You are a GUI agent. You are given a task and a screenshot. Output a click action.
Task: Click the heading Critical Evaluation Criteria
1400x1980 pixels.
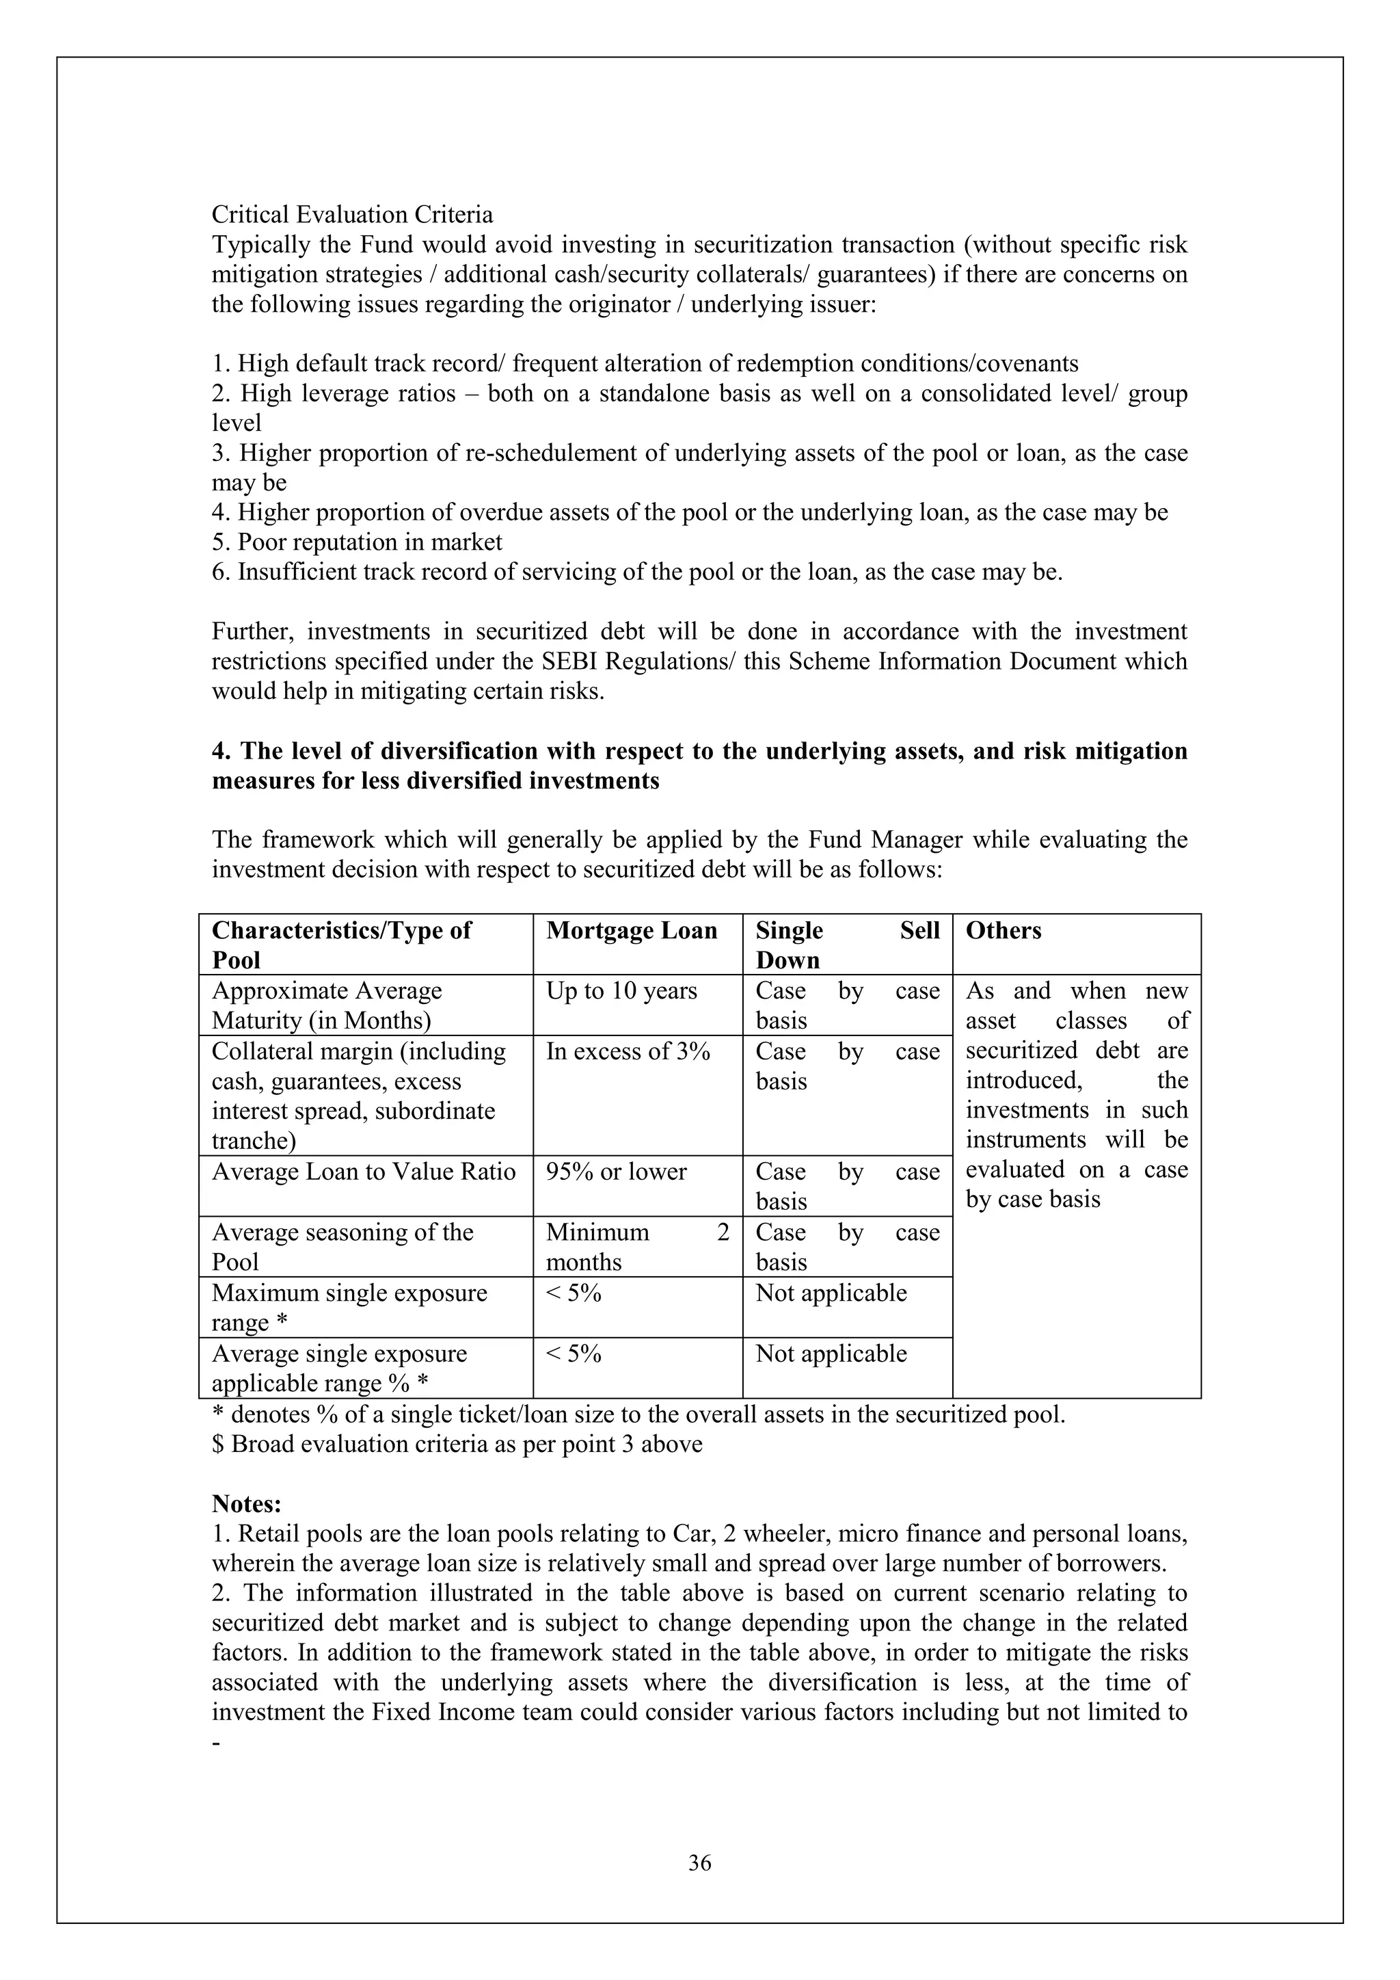[x=352, y=215]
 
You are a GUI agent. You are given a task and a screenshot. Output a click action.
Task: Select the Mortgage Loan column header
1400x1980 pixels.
[x=631, y=930]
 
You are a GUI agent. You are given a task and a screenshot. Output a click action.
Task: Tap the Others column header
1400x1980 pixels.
[x=1003, y=930]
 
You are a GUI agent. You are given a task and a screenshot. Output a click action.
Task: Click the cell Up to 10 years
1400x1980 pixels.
[x=621, y=991]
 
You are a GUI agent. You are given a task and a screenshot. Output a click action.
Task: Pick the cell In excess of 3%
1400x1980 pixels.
[x=628, y=1051]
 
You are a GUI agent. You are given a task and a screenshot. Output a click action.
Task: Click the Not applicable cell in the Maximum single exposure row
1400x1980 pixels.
[x=831, y=1293]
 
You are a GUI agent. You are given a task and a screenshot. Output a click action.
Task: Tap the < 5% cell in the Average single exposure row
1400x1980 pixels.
[x=574, y=1353]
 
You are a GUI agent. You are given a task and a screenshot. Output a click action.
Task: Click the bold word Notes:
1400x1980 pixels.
[x=247, y=1503]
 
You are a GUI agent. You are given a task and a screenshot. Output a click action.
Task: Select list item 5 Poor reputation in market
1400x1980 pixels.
[x=357, y=542]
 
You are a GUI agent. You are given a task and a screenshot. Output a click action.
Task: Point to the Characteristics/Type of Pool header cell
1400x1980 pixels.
[x=341, y=945]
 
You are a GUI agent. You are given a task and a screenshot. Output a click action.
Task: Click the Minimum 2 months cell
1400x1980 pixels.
[x=637, y=1246]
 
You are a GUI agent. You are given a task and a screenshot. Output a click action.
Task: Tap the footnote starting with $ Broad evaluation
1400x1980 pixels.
[x=457, y=1444]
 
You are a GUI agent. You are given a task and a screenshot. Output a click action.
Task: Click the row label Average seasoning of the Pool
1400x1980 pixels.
[x=342, y=1246]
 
